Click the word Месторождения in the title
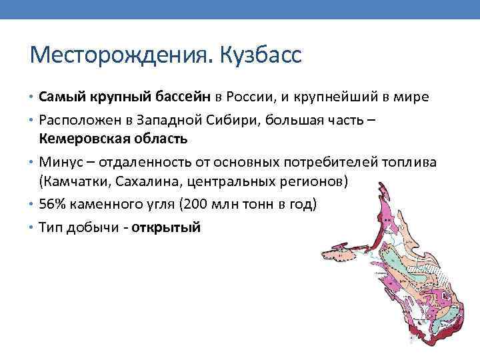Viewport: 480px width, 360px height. point(118,54)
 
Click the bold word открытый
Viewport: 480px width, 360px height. point(167,227)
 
